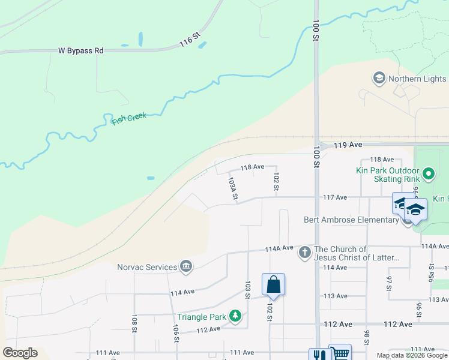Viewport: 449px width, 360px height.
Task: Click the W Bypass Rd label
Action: tap(80, 51)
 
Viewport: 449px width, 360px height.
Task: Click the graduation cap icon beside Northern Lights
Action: tap(378, 79)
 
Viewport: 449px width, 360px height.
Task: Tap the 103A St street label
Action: tap(233, 187)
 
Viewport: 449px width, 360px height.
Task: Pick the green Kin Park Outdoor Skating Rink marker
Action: tap(428, 175)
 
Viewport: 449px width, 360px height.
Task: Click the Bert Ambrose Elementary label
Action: tap(352, 220)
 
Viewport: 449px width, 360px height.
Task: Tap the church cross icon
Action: tap(305, 253)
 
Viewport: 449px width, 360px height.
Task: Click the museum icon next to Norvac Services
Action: tap(186, 266)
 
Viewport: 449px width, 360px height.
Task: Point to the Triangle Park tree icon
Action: tap(236, 316)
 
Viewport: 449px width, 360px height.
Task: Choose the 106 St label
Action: tap(176, 333)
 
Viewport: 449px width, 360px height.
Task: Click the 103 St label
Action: tap(247, 290)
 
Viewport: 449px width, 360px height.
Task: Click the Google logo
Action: tap(20, 352)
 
